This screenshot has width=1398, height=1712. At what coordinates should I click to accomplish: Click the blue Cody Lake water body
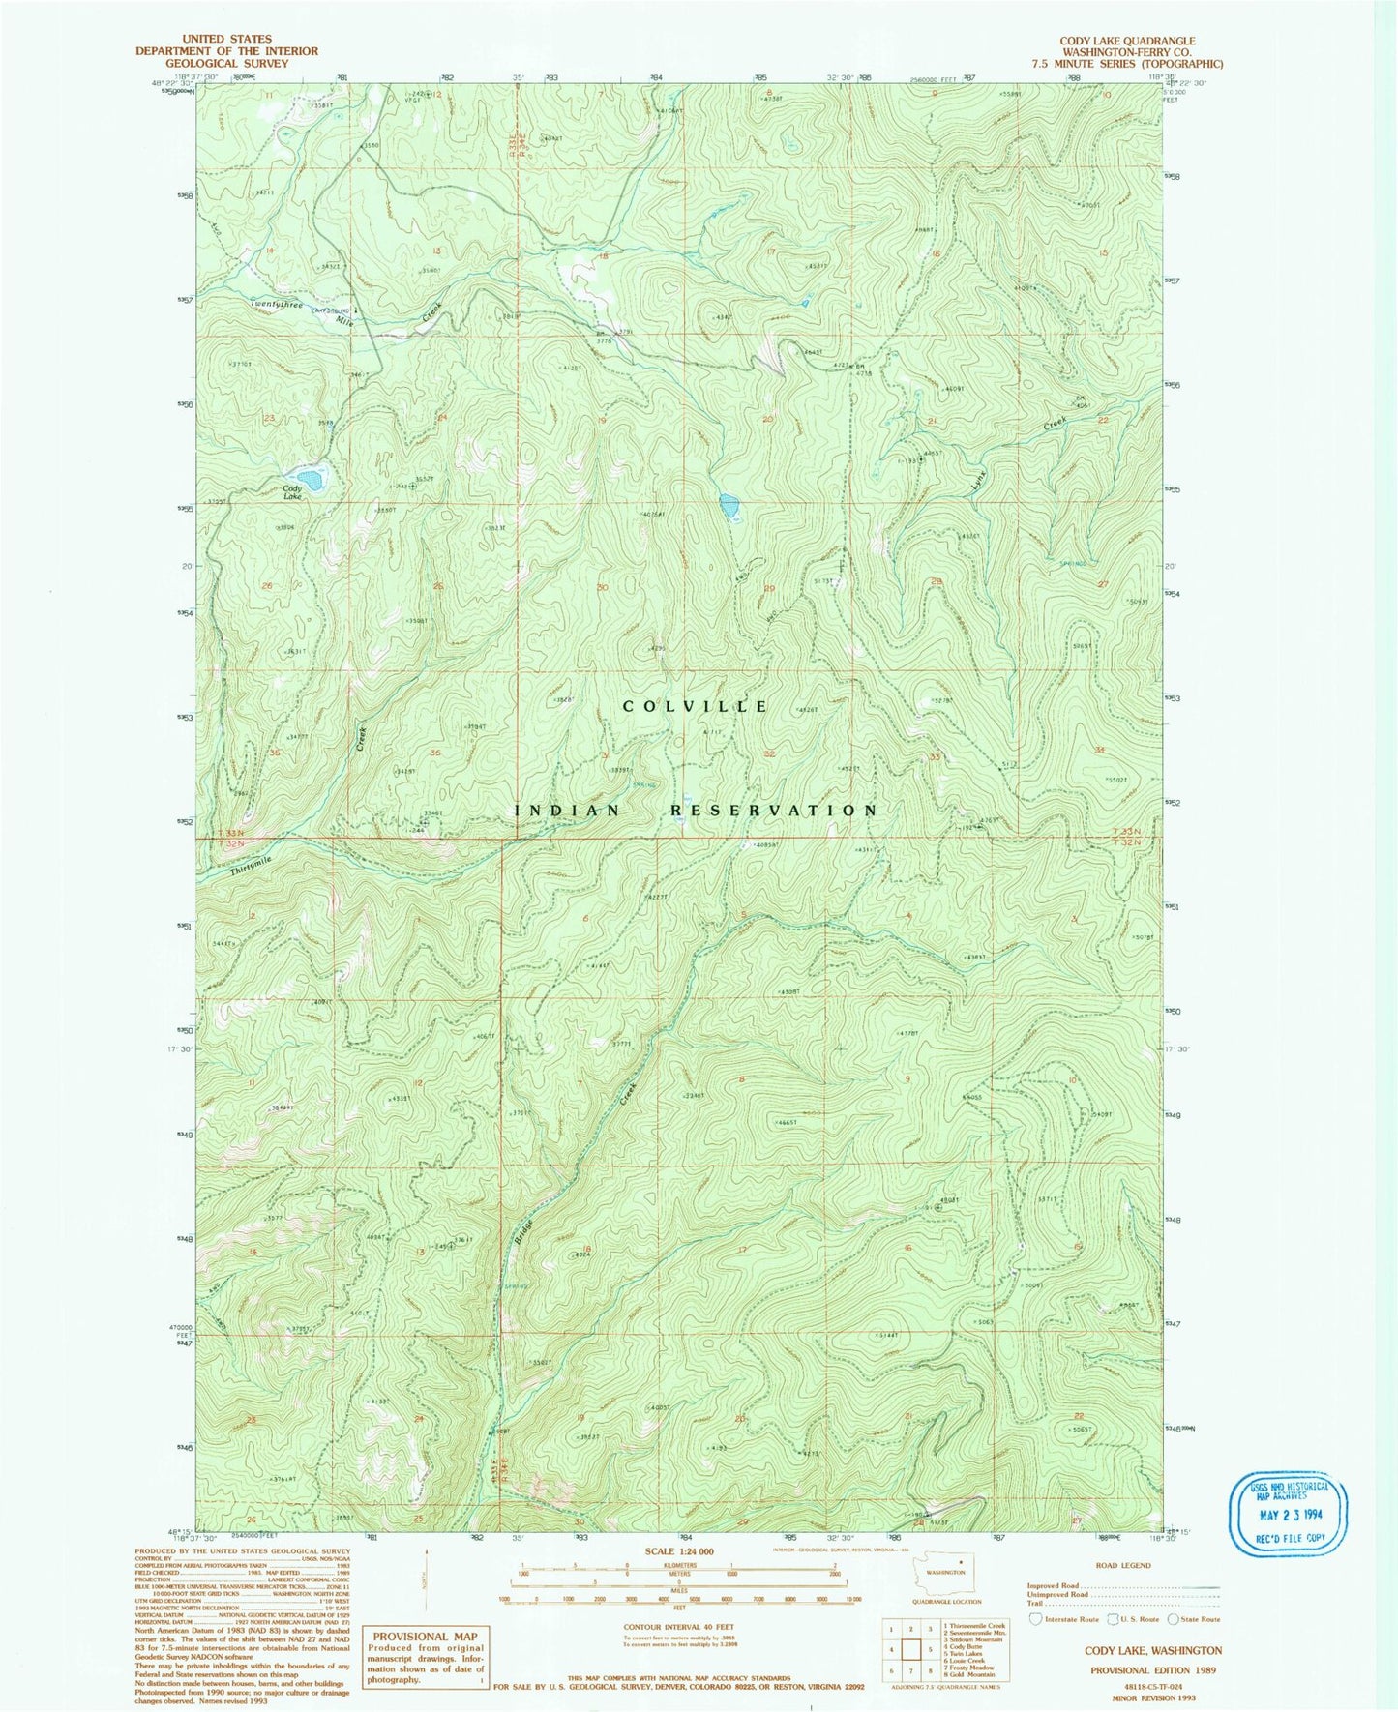click(311, 477)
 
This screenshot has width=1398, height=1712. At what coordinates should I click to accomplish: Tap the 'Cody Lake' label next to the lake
click(291, 492)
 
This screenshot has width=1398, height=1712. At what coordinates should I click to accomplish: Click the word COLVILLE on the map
click(696, 707)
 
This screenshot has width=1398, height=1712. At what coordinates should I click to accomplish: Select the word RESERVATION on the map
click(775, 811)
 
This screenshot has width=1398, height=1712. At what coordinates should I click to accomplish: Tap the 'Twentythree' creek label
click(277, 305)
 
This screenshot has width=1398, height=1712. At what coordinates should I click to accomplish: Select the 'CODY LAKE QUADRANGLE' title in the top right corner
click(1127, 42)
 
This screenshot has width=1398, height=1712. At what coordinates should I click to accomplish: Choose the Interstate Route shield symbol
click(1035, 1618)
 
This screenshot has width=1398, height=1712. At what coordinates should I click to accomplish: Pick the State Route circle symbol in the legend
click(1173, 1618)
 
